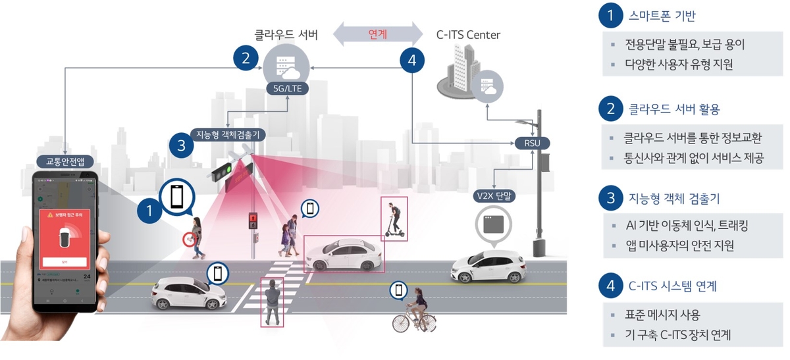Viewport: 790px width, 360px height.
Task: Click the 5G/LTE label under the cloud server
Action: [286, 88]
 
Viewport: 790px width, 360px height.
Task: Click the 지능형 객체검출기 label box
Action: [228, 134]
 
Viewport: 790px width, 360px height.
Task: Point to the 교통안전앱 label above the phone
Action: [66, 161]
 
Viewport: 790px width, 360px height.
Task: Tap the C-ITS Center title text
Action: [468, 34]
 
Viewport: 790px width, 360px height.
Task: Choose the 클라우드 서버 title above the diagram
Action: [286, 34]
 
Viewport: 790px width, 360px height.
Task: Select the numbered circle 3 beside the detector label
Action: [181, 144]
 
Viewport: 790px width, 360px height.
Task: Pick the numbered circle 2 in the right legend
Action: [610, 109]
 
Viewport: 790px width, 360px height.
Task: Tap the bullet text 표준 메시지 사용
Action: [663, 314]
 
